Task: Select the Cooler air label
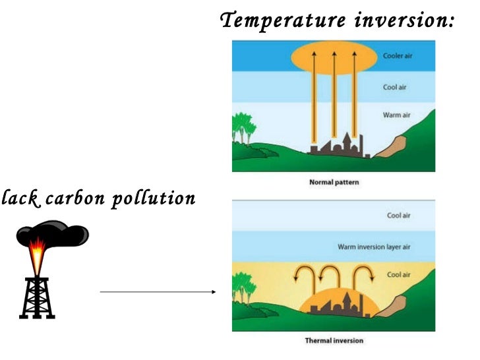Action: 398,56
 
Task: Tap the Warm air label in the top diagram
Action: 397,115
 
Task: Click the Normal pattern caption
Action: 334,182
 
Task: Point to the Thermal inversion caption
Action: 334,341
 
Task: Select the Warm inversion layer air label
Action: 374,247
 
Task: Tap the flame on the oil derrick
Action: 38,253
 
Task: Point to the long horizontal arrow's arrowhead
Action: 213,292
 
